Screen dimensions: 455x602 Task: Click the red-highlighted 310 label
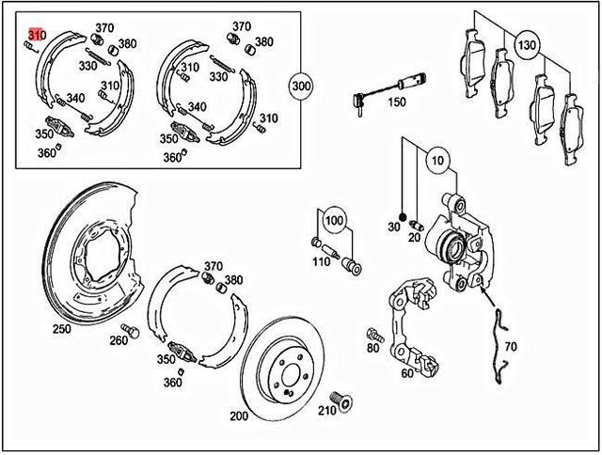[35, 35]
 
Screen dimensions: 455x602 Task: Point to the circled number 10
[436, 162]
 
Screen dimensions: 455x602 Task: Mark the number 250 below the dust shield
[62, 329]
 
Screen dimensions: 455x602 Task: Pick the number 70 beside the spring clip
[538, 347]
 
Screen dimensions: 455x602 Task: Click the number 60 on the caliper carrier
[406, 372]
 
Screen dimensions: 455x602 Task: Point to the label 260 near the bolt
[118, 340]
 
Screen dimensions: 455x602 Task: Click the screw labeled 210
[341, 401]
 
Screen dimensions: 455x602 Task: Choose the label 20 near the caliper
[414, 238]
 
